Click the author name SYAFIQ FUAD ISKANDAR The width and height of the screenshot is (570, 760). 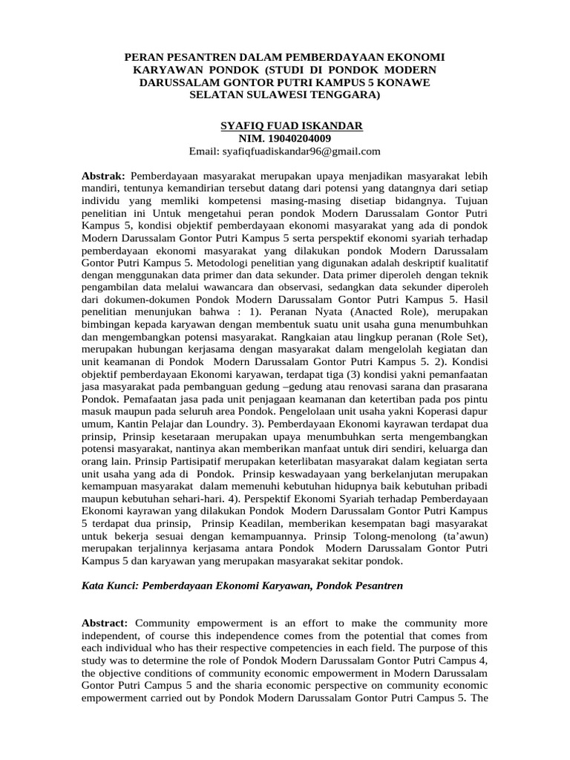click(292, 125)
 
